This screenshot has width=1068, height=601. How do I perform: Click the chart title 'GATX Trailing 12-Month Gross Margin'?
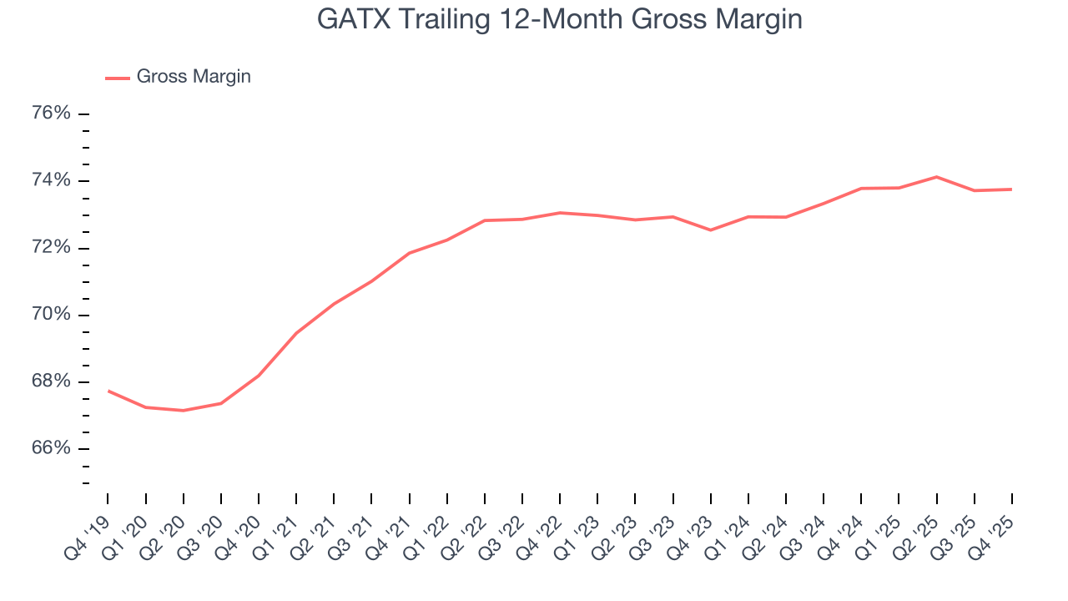tap(559, 18)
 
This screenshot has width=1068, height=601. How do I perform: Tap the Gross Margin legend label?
tap(194, 77)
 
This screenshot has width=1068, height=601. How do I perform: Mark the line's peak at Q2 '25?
tap(936, 177)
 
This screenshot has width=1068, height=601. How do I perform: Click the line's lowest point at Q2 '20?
tap(183, 411)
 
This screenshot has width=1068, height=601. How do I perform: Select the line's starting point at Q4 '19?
tap(108, 391)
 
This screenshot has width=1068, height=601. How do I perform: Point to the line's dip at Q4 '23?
tap(711, 230)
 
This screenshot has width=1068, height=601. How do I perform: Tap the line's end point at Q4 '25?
tap(1011, 189)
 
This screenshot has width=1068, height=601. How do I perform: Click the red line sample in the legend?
tap(117, 78)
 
